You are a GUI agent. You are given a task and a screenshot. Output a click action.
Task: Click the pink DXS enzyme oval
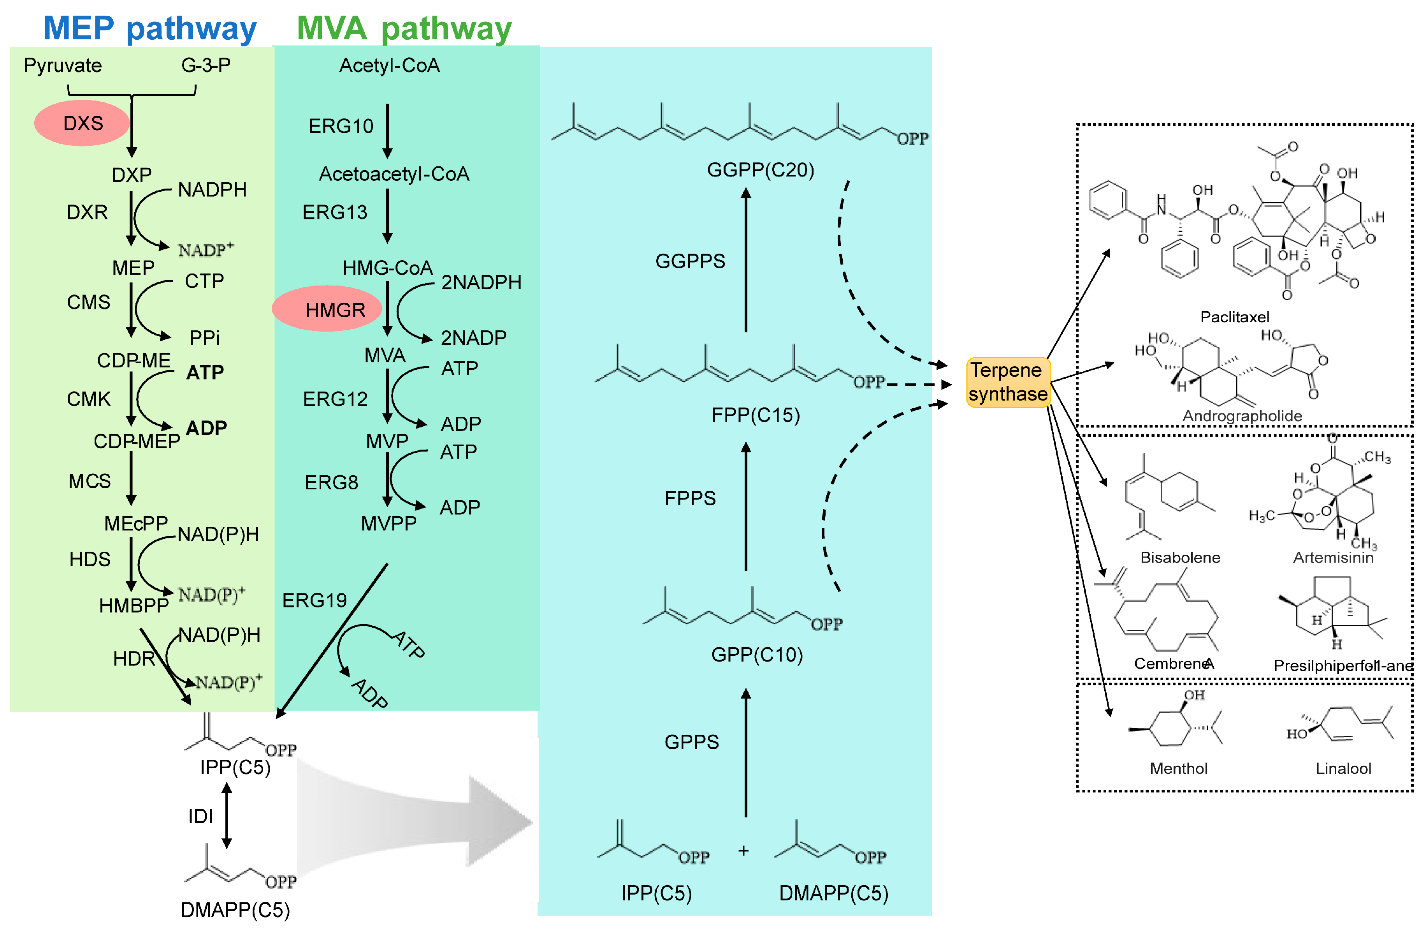click(x=82, y=123)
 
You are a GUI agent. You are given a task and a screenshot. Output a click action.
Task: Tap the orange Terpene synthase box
click(x=1008, y=382)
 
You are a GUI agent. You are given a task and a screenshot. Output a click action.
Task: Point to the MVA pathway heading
click(x=404, y=28)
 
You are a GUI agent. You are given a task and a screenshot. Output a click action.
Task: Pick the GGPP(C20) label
click(x=760, y=170)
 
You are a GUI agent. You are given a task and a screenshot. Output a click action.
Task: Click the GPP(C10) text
click(x=757, y=654)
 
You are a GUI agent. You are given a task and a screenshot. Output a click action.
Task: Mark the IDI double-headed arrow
click(x=227, y=815)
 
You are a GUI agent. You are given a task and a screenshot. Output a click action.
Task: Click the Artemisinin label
click(x=1332, y=558)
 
